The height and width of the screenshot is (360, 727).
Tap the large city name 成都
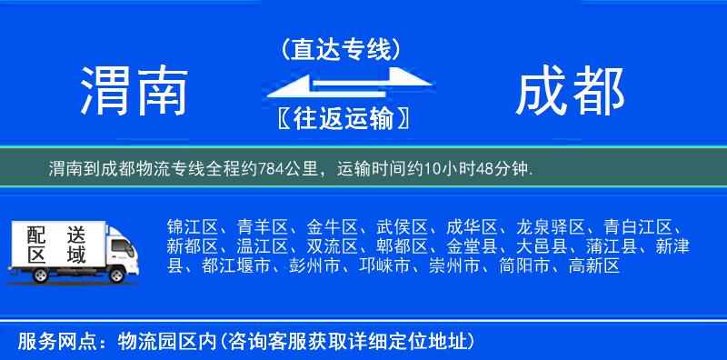[x=570, y=92]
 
